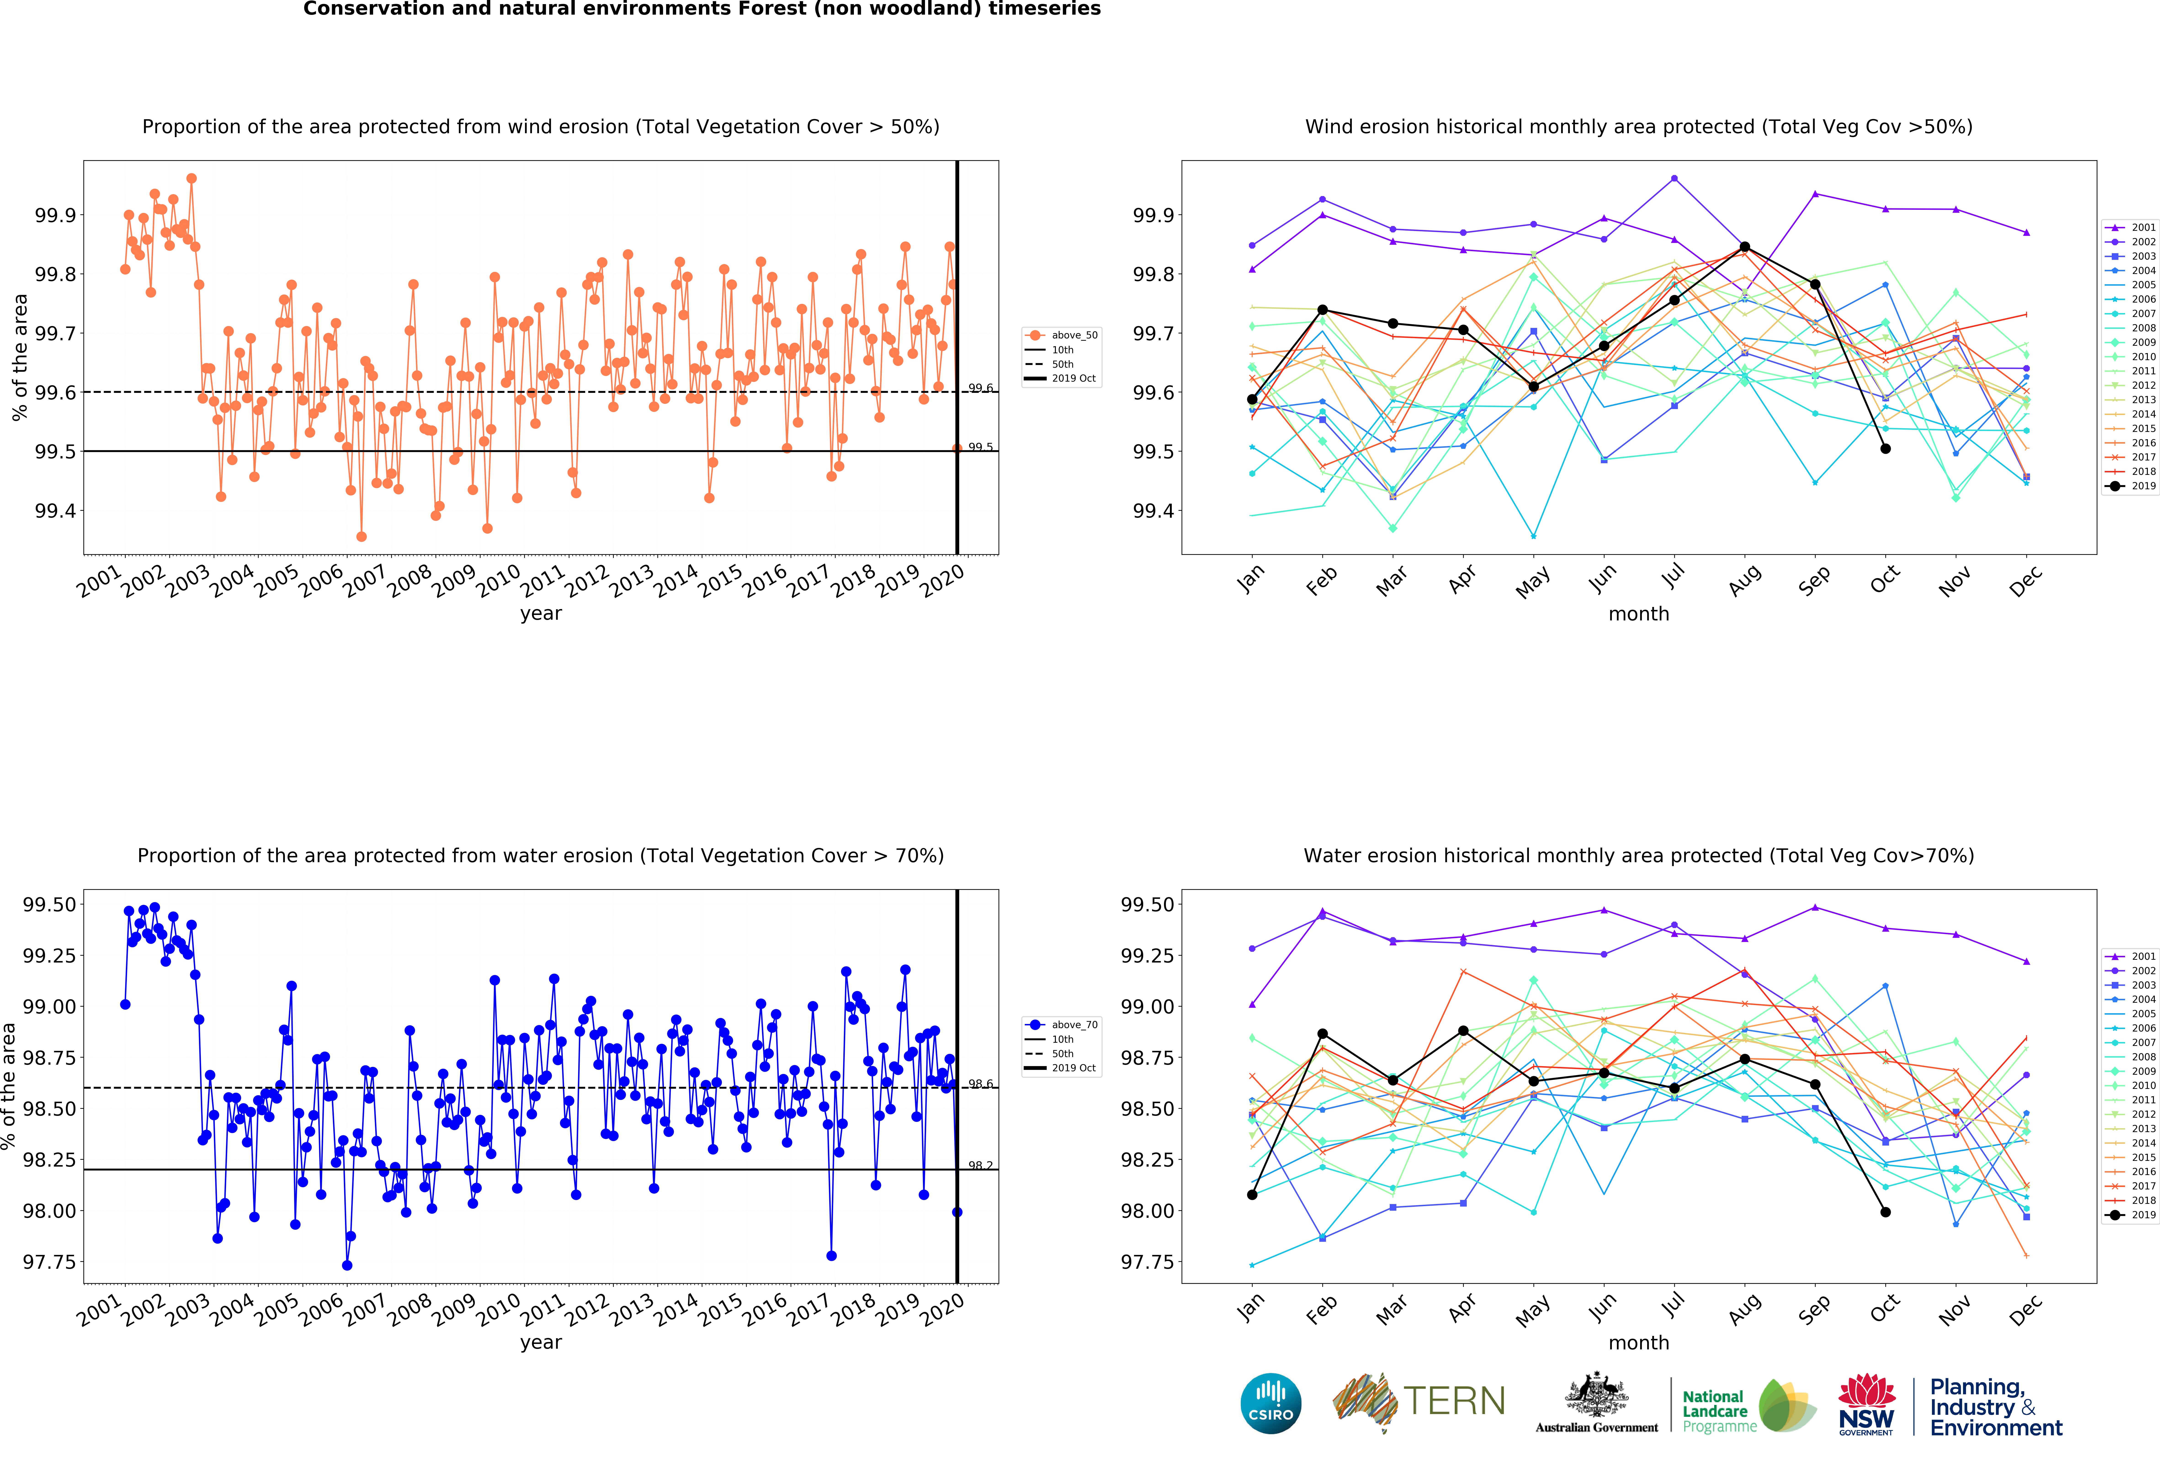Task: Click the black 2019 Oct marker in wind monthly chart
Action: point(1885,449)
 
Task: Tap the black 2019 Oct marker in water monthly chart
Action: point(1885,1212)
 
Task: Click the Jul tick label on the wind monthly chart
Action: point(1673,578)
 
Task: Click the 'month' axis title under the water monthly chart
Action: point(1639,1343)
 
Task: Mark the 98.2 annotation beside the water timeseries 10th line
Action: point(980,1165)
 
